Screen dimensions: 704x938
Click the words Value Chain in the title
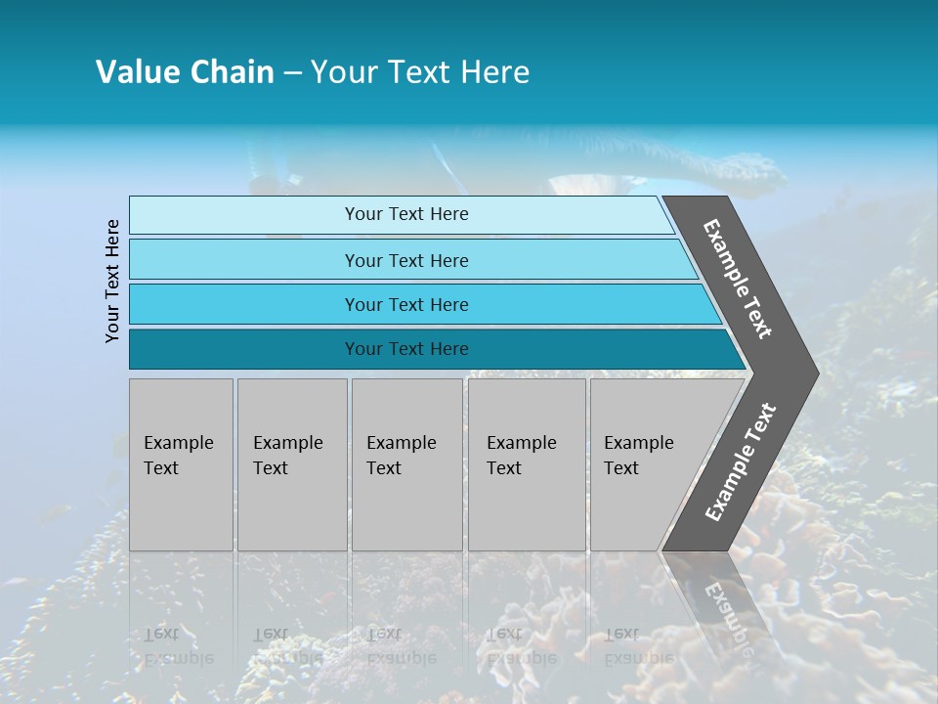(x=185, y=72)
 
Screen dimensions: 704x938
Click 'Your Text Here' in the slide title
(x=420, y=72)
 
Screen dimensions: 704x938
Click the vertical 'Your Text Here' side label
(x=112, y=282)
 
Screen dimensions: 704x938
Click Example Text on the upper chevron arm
(x=738, y=279)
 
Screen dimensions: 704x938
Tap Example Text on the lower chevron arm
(x=740, y=462)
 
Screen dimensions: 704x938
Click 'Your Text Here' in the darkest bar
(x=406, y=349)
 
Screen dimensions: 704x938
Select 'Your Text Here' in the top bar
(x=406, y=214)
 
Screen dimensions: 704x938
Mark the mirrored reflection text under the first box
(x=171, y=645)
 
